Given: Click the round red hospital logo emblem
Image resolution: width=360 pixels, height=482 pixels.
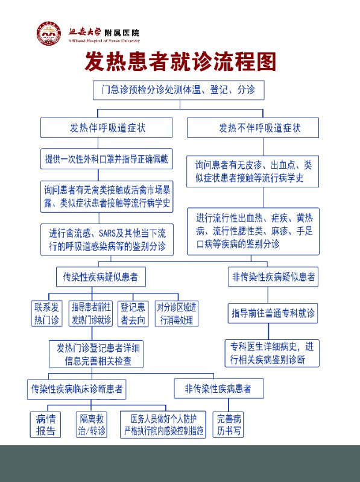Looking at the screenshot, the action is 49,33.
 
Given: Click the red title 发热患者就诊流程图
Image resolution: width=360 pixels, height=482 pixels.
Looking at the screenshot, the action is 180,61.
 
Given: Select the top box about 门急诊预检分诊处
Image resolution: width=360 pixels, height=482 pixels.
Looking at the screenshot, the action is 178,90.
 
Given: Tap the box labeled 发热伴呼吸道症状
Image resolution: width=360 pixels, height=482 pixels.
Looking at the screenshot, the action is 107,128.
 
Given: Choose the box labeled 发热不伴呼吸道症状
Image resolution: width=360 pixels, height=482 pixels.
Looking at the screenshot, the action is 253,128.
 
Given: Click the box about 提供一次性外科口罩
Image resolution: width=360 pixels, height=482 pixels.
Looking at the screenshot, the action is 107,159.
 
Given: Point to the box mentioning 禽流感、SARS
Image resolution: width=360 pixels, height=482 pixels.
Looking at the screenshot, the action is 107,240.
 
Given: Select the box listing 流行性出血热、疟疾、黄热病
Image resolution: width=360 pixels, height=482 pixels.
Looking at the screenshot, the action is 253,231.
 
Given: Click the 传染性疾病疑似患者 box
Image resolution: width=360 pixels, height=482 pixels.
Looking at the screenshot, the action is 101,277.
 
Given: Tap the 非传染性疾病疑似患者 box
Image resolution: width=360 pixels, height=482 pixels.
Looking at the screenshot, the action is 273,277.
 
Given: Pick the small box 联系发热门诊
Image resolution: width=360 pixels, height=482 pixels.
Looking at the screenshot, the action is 47,313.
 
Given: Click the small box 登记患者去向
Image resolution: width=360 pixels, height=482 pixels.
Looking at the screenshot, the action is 133,313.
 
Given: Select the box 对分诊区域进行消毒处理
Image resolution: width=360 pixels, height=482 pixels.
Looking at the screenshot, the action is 177,313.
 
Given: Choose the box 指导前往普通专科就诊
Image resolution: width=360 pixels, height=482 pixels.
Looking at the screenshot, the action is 273,313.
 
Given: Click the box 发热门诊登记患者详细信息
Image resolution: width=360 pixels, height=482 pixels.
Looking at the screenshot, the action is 96,354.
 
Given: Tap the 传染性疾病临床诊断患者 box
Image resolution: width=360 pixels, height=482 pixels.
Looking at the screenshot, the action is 77,389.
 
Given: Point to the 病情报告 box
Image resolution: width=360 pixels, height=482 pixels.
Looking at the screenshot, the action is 46,425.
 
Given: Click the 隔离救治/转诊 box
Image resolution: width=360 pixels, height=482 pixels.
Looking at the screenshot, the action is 92,425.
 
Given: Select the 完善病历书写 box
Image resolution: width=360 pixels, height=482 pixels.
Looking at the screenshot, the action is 229,425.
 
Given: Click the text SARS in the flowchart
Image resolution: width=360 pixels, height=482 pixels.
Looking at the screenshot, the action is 107,234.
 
